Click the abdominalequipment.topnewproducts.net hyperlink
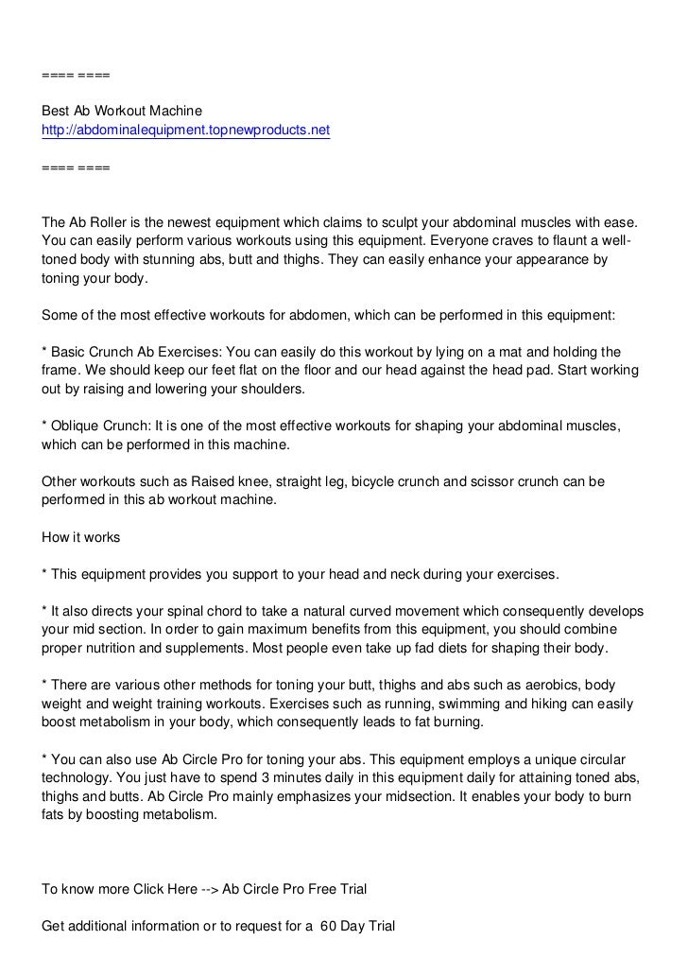point(186,130)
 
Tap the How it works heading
point(81,538)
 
